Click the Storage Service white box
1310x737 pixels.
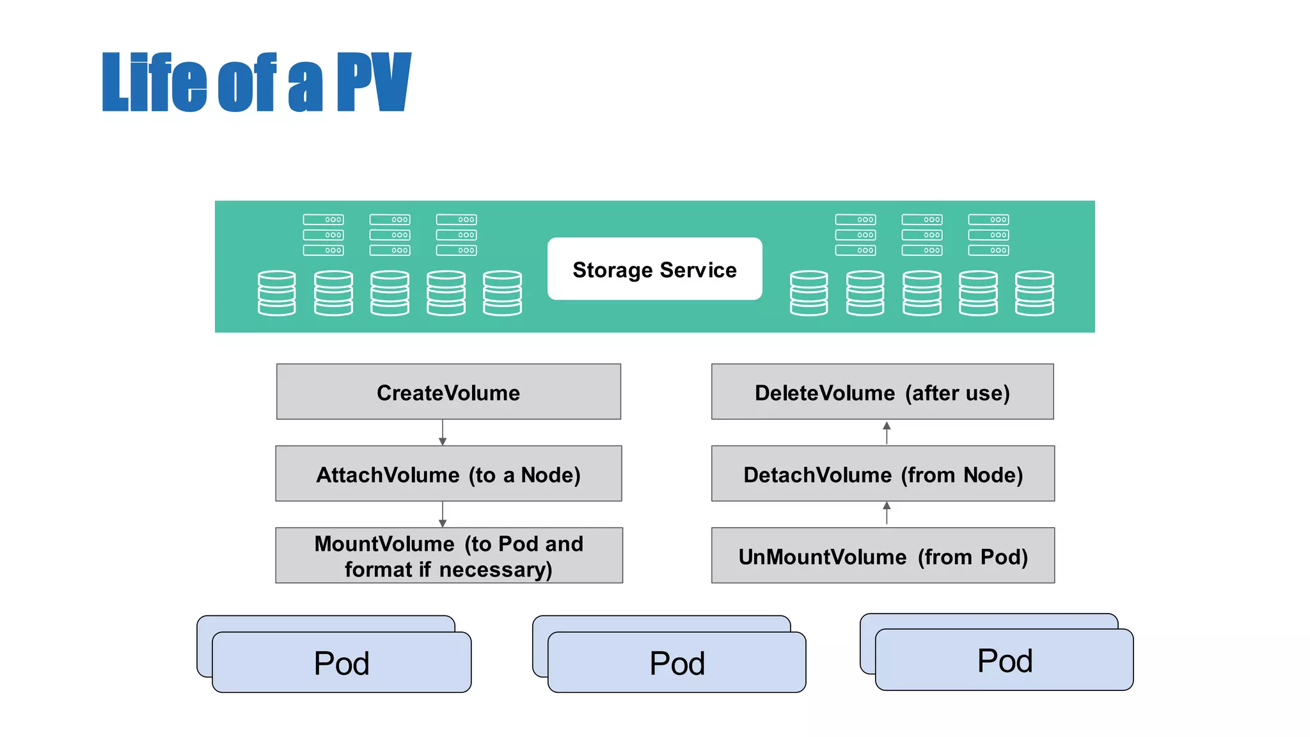tap(654, 269)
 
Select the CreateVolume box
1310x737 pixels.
tap(448, 392)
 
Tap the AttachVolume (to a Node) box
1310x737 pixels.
tap(448, 474)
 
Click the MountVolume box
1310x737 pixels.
tap(448, 556)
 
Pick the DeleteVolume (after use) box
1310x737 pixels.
tap(882, 392)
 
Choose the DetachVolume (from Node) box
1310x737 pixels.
tap(883, 474)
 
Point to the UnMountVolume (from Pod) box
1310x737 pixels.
tap(883, 556)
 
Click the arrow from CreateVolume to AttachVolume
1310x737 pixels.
tap(443, 433)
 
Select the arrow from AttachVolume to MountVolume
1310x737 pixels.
tap(443, 514)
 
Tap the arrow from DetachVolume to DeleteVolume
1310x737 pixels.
tap(887, 433)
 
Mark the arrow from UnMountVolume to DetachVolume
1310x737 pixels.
tap(887, 513)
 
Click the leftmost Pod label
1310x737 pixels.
tap(342, 663)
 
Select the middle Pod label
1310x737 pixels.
tap(677, 663)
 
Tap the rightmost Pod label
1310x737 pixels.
tap(1004, 661)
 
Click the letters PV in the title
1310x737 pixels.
tap(374, 83)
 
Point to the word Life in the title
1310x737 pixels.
tap(154, 83)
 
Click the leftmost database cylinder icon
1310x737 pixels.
tap(276, 293)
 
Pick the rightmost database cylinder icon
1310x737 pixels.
tap(1034, 293)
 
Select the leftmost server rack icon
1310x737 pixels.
tap(323, 235)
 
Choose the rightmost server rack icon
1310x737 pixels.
tap(988, 235)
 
